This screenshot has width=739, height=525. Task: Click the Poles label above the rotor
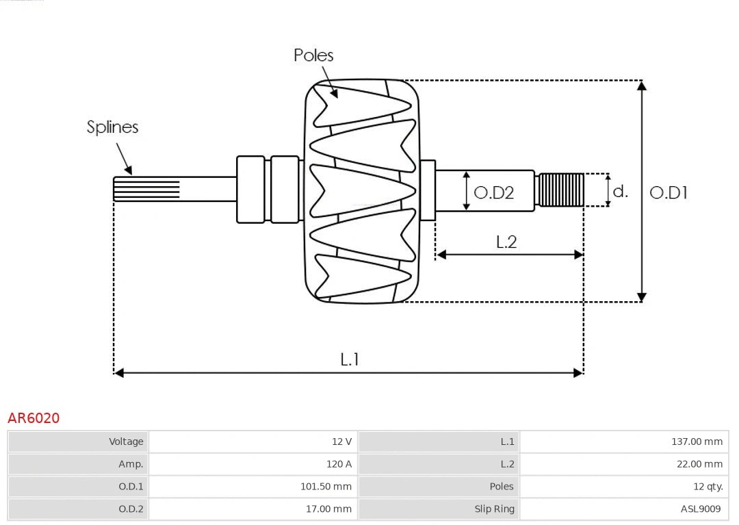click(x=313, y=55)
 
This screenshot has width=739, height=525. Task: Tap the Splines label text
click(x=112, y=127)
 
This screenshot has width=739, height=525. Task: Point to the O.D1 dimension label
click(x=668, y=193)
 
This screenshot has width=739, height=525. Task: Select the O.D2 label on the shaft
click(x=493, y=193)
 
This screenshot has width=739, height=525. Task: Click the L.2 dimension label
click(x=506, y=242)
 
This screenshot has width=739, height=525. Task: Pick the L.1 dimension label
click(x=350, y=359)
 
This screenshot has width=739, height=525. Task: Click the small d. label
click(x=620, y=192)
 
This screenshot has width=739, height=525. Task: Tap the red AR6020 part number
click(x=34, y=418)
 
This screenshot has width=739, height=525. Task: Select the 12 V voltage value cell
click(x=341, y=441)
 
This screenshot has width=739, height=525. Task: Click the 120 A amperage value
click(x=339, y=464)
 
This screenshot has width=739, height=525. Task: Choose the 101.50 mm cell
click(x=326, y=487)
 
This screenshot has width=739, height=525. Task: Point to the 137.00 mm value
click(x=697, y=441)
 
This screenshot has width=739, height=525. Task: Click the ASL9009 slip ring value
click(x=700, y=509)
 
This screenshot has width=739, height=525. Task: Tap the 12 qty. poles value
click(x=708, y=487)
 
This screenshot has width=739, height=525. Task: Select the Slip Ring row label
click(x=494, y=509)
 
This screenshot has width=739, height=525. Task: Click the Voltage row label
click(x=126, y=441)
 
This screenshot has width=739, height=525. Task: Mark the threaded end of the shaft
click(x=561, y=190)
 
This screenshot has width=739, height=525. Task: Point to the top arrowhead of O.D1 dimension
click(x=641, y=86)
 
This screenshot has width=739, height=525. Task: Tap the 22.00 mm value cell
click(x=699, y=464)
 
